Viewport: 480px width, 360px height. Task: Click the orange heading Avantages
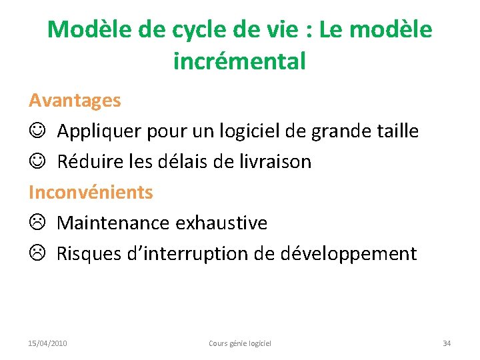75,101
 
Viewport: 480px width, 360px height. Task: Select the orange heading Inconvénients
91,193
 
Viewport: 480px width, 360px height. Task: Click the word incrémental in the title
239,61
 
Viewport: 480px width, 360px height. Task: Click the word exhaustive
221,223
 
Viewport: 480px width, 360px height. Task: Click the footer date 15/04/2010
47,343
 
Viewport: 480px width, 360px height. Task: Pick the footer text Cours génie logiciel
240,343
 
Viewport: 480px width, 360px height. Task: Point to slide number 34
447,343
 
